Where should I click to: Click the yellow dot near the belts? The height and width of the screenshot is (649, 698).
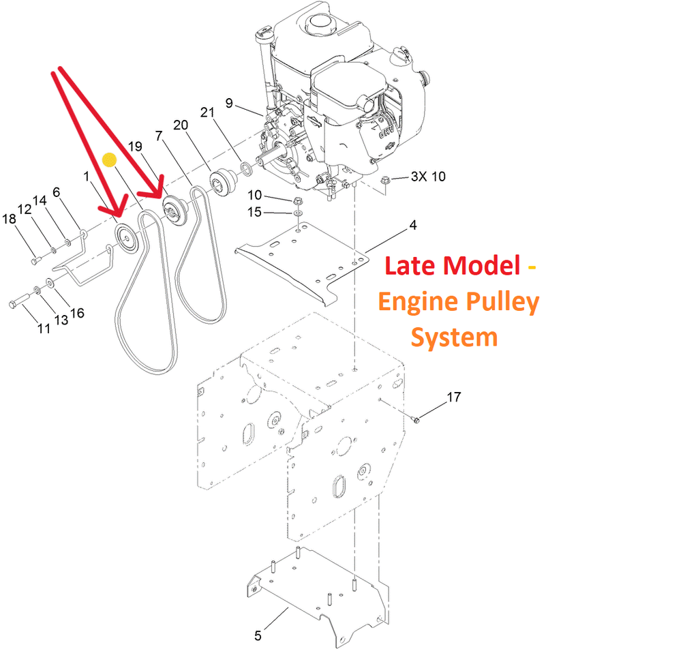pyautogui.click(x=109, y=160)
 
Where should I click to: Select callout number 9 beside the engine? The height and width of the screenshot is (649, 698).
pyautogui.click(x=229, y=103)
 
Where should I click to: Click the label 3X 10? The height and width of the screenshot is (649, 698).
pyautogui.click(x=428, y=177)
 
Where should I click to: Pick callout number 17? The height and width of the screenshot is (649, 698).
pyautogui.click(x=454, y=396)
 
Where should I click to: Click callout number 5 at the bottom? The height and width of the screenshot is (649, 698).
pyautogui.click(x=258, y=636)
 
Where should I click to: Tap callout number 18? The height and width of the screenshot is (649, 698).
pyautogui.click(x=9, y=219)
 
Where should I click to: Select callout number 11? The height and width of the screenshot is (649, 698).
pyautogui.click(x=44, y=328)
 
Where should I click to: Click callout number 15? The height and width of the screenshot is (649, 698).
pyautogui.click(x=254, y=212)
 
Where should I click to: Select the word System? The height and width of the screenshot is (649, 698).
pyautogui.click(x=455, y=337)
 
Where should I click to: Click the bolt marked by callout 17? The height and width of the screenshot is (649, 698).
pyautogui.click(x=416, y=419)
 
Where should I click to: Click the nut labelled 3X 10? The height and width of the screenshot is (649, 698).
pyautogui.click(x=386, y=180)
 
